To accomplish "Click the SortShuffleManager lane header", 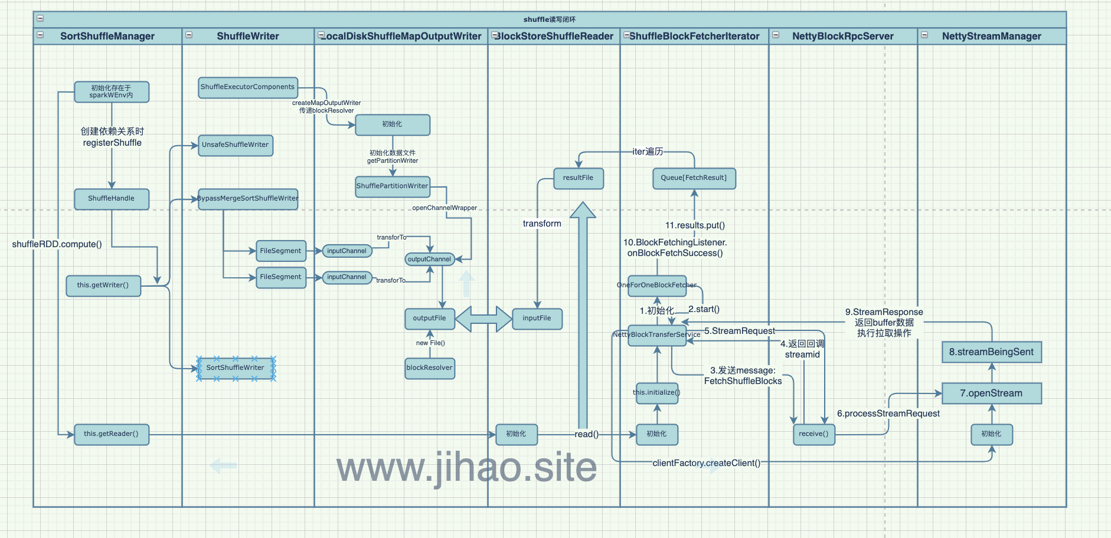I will pyautogui.click(x=107, y=36).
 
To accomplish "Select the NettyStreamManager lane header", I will pyautogui.click(x=991, y=36).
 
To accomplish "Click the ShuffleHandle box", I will pyautogui.click(x=112, y=199).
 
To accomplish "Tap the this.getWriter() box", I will pyautogui.click(x=103, y=286).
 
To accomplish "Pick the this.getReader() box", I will pyautogui.click(x=111, y=434).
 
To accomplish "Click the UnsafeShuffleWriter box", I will pyautogui.click(x=235, y=145).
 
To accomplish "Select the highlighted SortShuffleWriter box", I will pyautogui.click(x=236, y=368).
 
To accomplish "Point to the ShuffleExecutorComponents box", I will pyautogui.click(x=247, y=87).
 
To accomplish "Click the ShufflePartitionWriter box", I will pyautogui.click(x=392, y=186).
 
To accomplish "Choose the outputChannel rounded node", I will pyautogui.click(x=429, y=260).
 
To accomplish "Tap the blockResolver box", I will pyautogui.click(x=429, y=368).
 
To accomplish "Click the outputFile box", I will pyautogui.click(x=429, y=319).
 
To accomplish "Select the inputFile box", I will pyautogui.click(x=537, y=319).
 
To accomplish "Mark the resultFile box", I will pyautogui.click(x=578, y=178).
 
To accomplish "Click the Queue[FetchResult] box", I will pyautogui.click(x=694, y=178).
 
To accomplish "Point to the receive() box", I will pyautogui.click(x=813, y=434).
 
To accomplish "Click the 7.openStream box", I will pyautogui.click(x=991, y=393).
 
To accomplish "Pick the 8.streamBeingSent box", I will pyautogui.click(x=991, y=352).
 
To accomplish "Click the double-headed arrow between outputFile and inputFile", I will pyautogui.click(x=483, y=319).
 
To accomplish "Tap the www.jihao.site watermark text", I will pyautogui.click(x=466, y=467).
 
